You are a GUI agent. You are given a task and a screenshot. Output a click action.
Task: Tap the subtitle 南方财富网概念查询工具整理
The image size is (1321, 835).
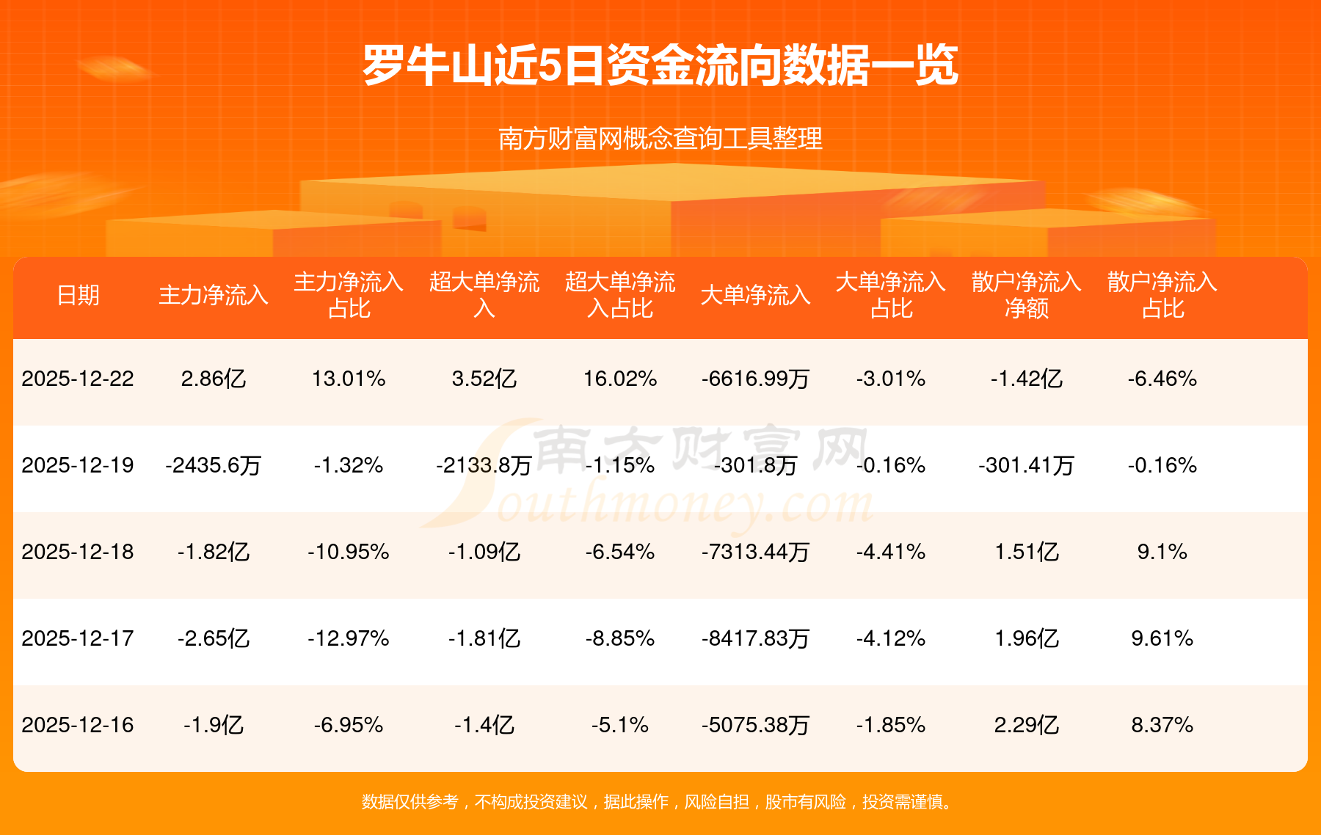pyautogui.click(x=660, y=139)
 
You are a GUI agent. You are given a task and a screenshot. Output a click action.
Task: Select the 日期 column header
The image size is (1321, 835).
pyautogui.click(x=78, y=295)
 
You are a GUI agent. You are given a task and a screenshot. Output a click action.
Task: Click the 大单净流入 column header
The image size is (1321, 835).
pyautogui.click(x=755, y=295)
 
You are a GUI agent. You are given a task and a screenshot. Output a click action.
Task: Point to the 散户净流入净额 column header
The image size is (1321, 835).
pyautogui.click(x=1026, y=295)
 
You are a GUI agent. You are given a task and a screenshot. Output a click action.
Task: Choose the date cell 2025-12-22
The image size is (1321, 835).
pyautogui.click(x=78, y=379)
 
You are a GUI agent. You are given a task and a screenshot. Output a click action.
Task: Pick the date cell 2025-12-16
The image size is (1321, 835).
pyautogui.click(x=78, y=725)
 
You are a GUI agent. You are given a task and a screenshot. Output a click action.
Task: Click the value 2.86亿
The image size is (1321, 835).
pyautogui.click(x=214, y=379)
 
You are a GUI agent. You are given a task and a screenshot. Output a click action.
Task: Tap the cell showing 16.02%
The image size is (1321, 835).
pyautogui.click(x=620, y=379)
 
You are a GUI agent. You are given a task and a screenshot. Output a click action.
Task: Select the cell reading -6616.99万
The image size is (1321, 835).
pyautogui.click(x=755, y=379)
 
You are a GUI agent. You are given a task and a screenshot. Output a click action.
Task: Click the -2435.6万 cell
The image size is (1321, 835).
pyautogui.click(x=214, y=465)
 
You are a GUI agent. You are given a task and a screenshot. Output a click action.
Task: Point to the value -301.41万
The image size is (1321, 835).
pyautogui.click(x=1026, y=465)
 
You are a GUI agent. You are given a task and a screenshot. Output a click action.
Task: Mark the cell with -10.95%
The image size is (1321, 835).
pyautogui.click(x=349, y=552)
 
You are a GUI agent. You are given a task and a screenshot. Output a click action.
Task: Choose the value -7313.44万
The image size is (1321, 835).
pyautogui.click(x=755, y=552)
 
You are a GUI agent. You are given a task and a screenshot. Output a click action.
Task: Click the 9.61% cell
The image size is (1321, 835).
pyautogui.click(x=1162, y=638)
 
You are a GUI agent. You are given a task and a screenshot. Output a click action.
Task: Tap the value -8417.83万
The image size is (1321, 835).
pyautogui.click(x=755, y=638)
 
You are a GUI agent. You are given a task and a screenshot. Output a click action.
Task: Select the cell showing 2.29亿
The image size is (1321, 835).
pyautogui.click(x=1026, y=725)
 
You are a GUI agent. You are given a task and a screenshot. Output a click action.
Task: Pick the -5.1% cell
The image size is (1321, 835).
pyautogui.click(x=620, y=725)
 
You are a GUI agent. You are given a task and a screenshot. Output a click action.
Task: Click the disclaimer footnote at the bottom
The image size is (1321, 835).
pyautogui.click(x=660, y=802)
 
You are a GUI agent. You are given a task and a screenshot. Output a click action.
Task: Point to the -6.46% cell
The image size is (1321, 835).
pyautogui.click(x=1162, y=379)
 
